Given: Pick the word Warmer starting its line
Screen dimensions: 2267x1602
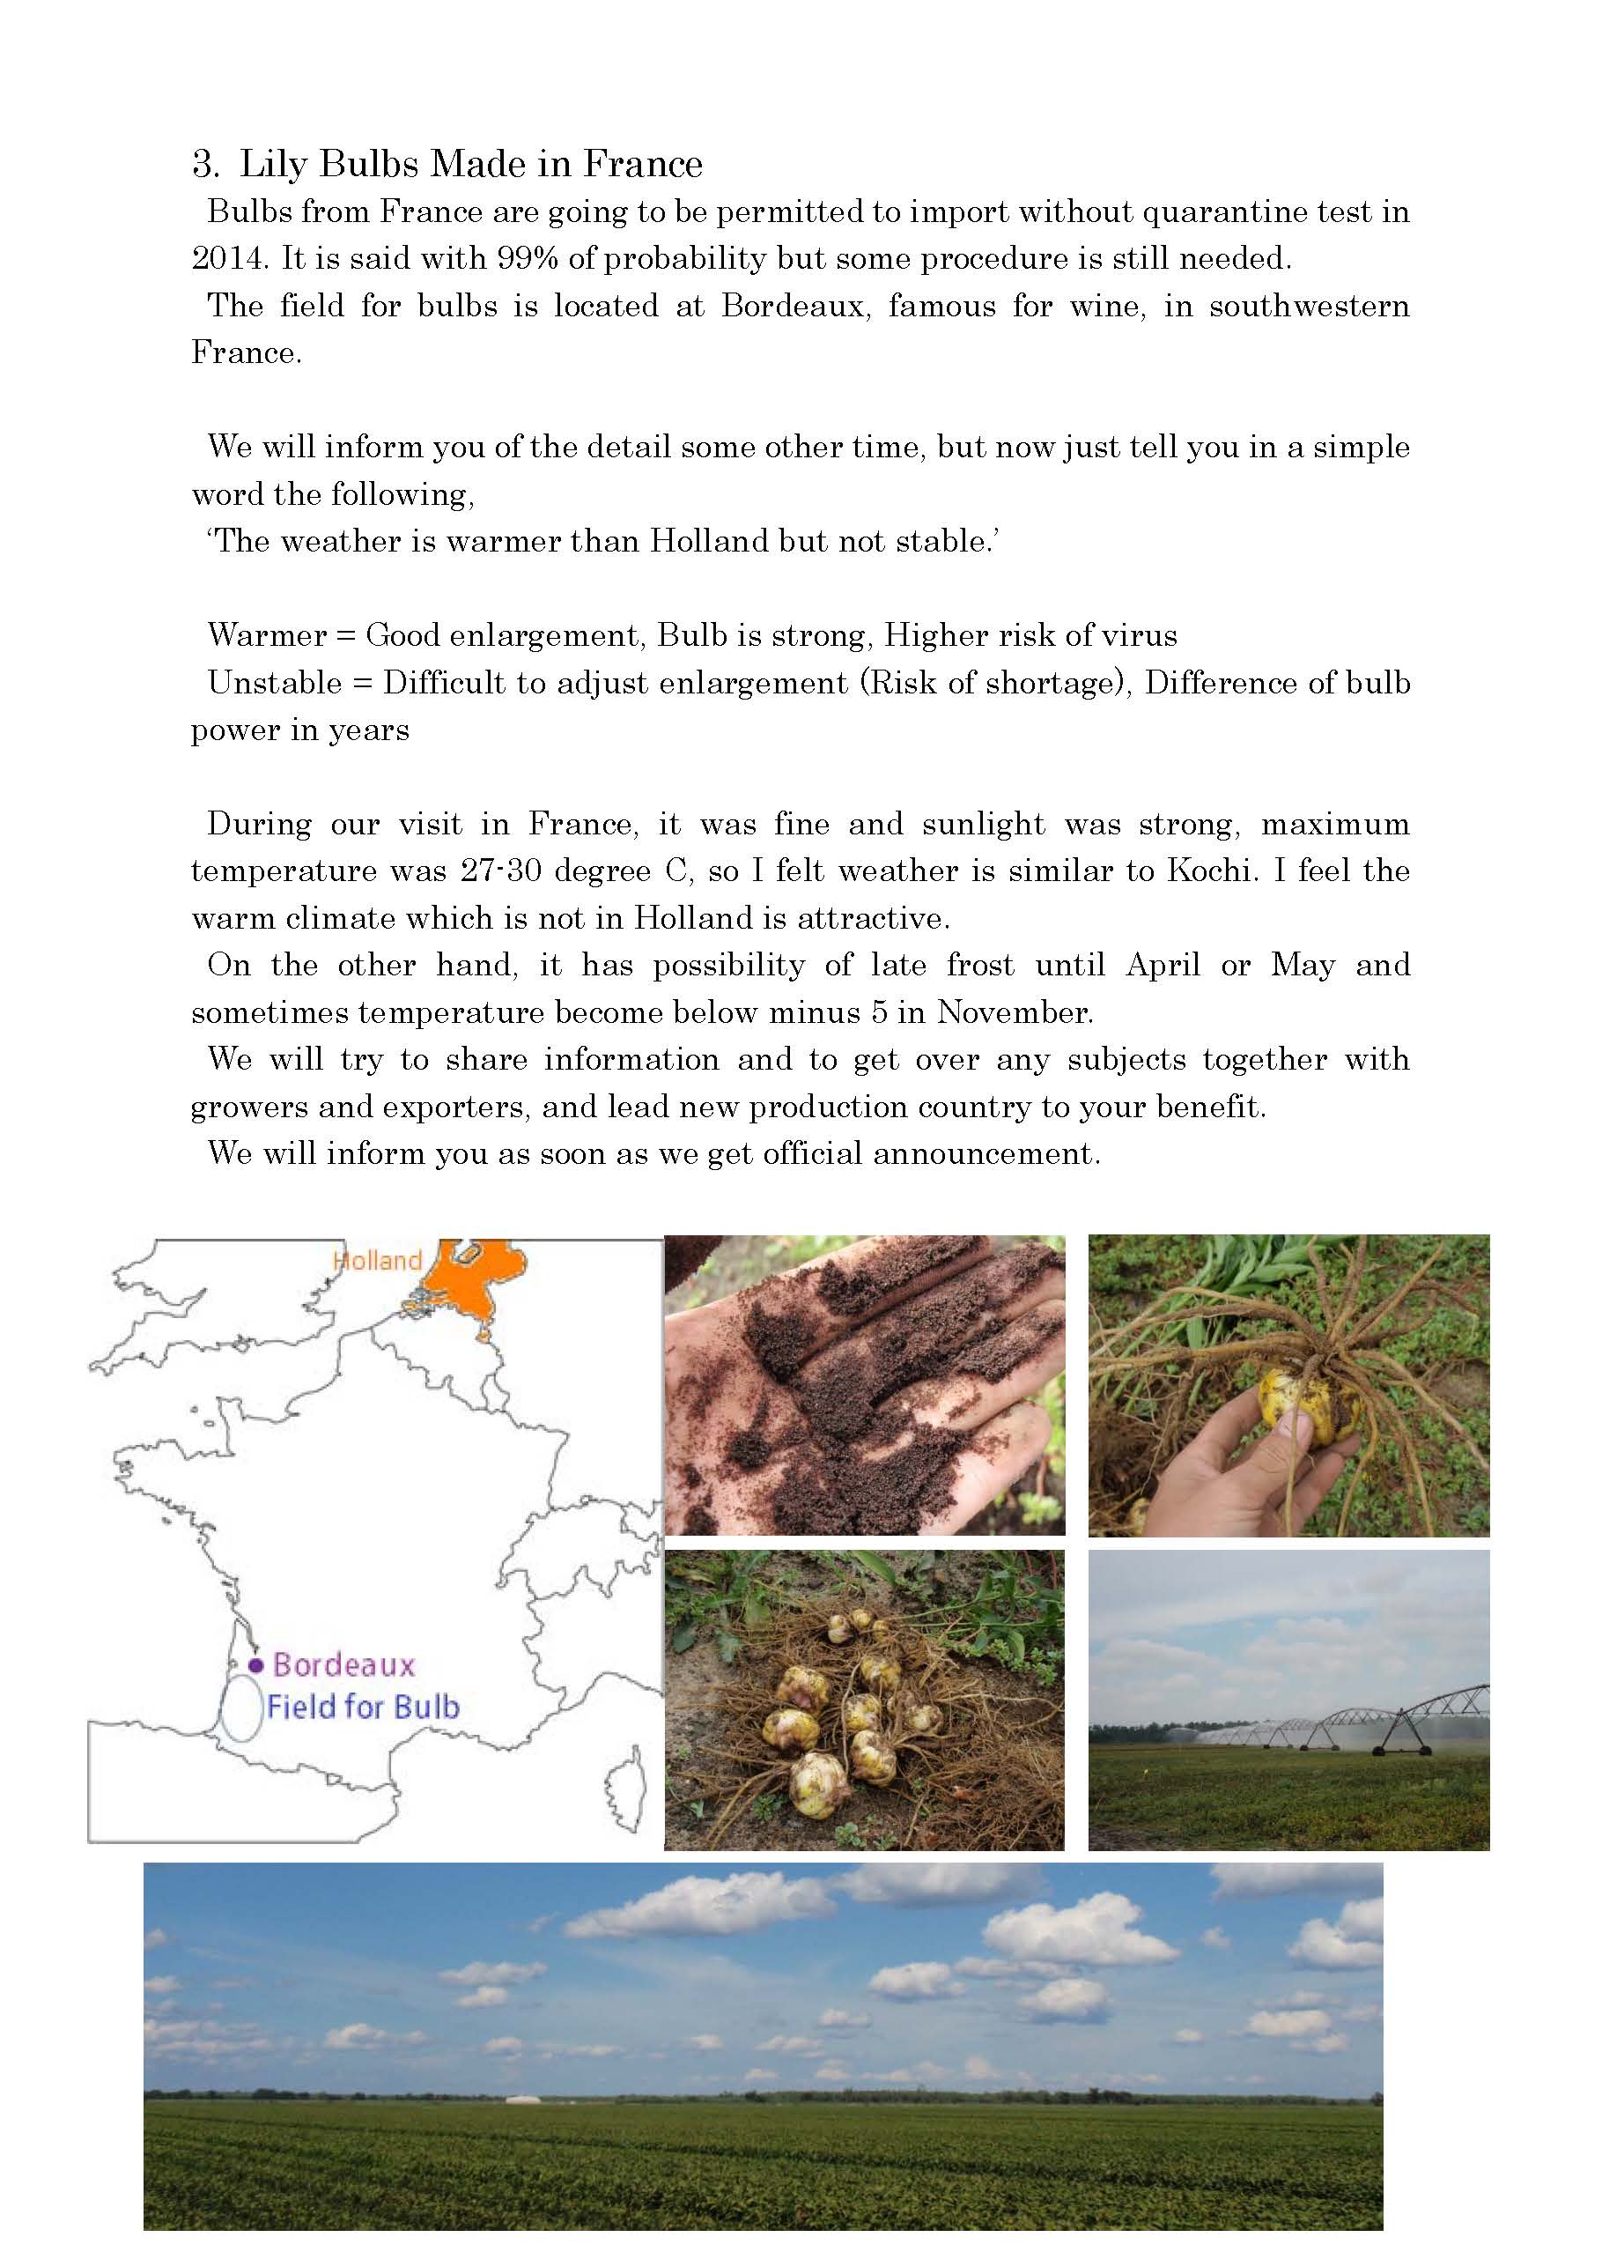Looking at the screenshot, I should pyautogui.click(x=267, y=635).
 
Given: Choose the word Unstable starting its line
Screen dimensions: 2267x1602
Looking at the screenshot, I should pyautogui.click(x=275, y=682).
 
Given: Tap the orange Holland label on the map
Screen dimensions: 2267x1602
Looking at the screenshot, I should pyautogui.click(x=377, y=1261).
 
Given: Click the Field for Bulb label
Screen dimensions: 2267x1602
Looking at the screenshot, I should pyautogui.click(x=362, y=1708).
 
